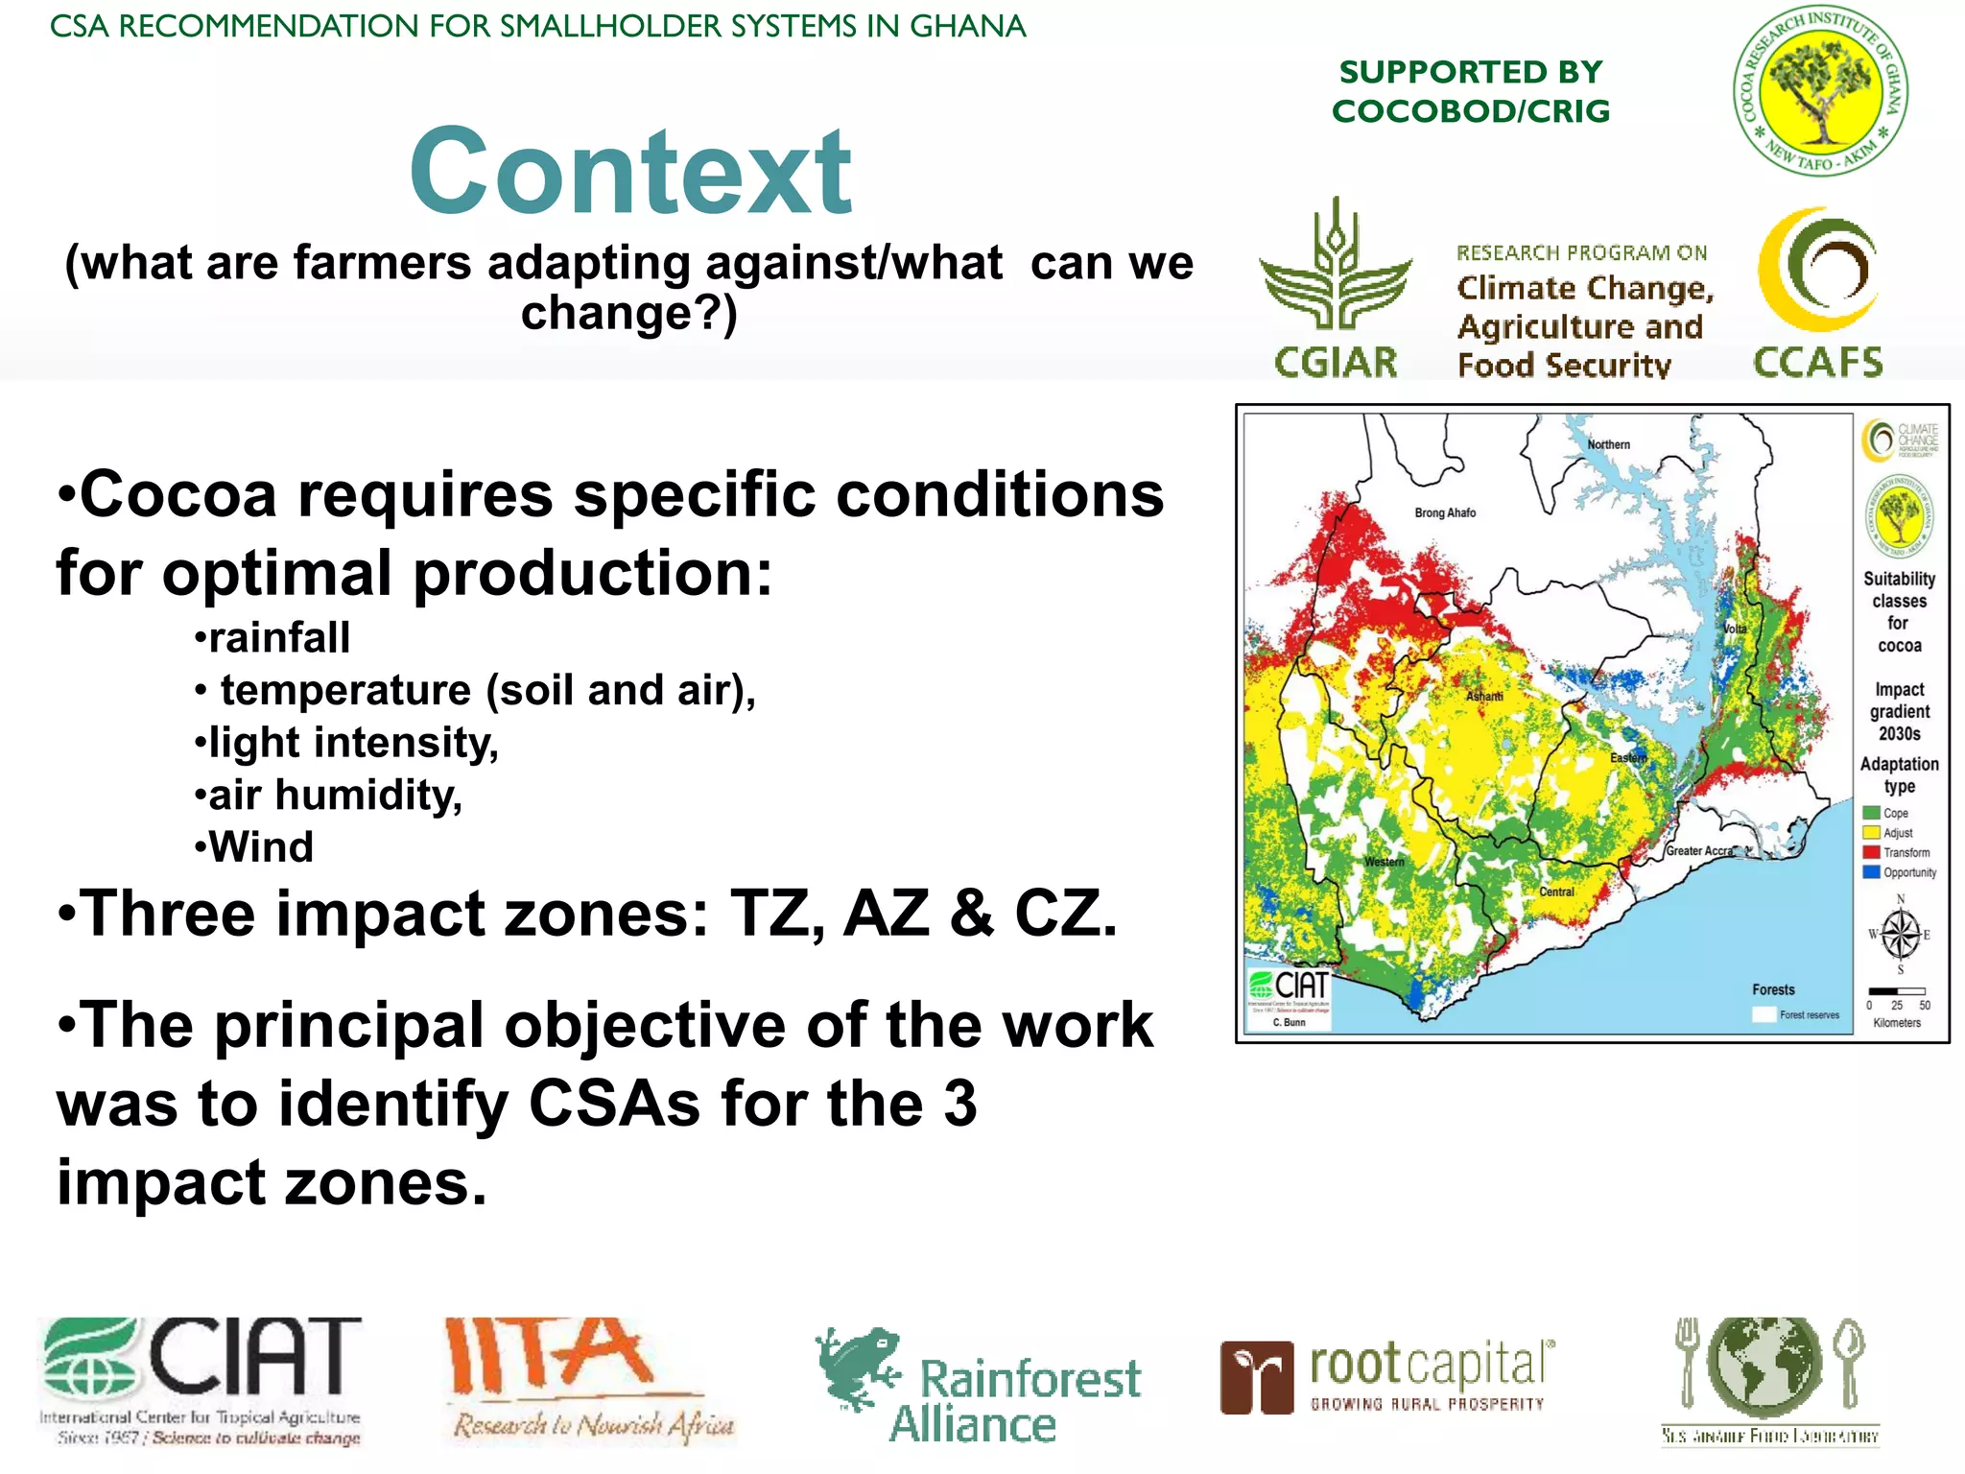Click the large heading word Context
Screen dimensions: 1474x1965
pos(630,174)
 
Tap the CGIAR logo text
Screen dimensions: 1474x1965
pos(1336,363)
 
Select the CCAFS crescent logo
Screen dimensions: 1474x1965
pos(1816,271)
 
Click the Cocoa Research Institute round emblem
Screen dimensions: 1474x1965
pos(1819,90)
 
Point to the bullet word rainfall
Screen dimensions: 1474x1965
pos(279,637)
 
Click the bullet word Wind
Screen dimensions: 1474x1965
pos(261,847)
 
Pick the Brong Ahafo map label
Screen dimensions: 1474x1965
pos(1445,513)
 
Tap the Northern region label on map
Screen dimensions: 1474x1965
pos(1608,445)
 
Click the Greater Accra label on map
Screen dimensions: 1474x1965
pos(1699,851)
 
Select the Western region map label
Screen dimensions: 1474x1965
pos(1384,862)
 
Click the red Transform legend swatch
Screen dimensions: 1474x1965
pos(1871,852)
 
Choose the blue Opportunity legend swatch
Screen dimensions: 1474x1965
pos(1871,872)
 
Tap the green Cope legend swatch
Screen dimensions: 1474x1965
pos(1871,813)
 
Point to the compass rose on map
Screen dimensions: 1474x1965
pos(1900,934)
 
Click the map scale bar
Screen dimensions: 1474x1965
pos(1896,991)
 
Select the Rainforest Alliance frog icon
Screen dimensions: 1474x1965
pos(857,1367)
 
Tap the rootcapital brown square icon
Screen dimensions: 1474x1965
pos(1256,1378)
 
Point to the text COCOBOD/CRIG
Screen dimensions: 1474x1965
pos(1470,111)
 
